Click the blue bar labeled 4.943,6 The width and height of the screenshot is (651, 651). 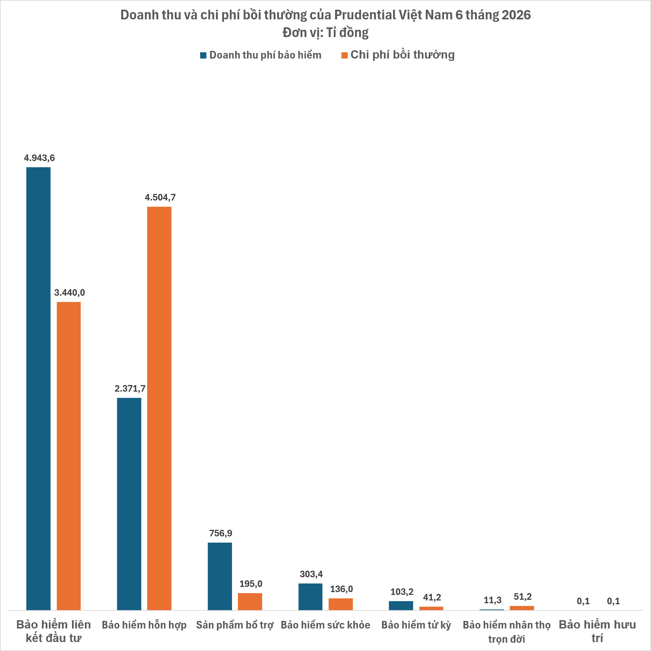click(38, 389)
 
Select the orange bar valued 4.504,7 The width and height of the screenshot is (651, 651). click(159, 409)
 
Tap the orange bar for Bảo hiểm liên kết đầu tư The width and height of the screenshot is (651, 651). click(69, 456)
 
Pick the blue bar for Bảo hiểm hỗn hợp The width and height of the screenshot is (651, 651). click(129, 504)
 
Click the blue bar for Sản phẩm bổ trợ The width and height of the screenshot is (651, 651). click(220, 577)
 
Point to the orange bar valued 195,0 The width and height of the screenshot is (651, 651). click(250, 601)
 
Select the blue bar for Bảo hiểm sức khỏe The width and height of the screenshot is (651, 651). click(310, 597)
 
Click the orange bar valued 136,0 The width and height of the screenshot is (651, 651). click(341, 604)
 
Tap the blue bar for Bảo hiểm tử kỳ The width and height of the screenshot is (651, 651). click(401, 606)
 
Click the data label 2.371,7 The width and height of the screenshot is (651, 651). click(130, 389)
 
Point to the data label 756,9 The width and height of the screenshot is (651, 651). click(221, 533)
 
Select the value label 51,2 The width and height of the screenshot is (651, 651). click(523, 597)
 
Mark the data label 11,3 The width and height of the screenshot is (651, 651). click(492, 600)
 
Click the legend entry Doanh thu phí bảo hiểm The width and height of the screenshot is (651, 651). click(261, 55)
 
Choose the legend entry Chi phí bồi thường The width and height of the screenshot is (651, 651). click(398, 55)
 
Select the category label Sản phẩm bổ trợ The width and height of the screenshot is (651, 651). click(235, 625)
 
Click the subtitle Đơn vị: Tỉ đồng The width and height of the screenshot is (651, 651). click(325, 33)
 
